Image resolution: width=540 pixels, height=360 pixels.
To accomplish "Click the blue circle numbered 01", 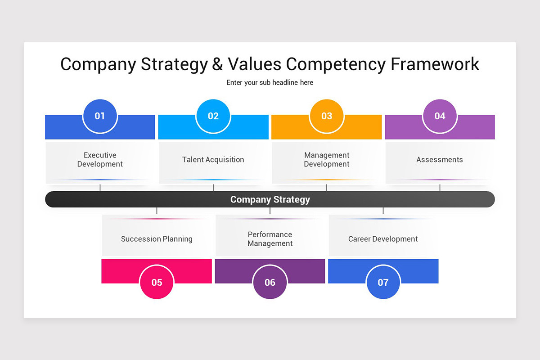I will [100, 116].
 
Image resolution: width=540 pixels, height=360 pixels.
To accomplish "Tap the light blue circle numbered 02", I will [213, 116].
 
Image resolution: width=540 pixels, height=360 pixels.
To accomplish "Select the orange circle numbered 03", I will [327, 116].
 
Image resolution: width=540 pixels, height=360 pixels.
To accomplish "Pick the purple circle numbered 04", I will [440, 116].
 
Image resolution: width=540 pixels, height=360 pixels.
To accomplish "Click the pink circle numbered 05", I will [157, 282].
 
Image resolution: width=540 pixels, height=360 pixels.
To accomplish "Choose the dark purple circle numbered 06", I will [270, 282].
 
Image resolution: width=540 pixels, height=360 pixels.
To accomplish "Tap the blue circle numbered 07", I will [383, 282].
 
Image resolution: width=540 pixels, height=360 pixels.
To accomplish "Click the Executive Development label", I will [100, 160].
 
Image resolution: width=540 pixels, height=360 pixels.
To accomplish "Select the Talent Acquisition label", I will [213, 160].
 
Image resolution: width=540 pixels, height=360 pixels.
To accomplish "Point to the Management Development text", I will [327, 160].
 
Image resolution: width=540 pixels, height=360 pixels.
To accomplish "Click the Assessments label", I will [440, 160].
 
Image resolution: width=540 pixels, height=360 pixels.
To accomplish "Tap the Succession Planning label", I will [157, 239].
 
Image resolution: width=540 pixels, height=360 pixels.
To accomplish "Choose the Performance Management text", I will [270, 239].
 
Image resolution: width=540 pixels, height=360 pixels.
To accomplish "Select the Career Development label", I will [383, 239].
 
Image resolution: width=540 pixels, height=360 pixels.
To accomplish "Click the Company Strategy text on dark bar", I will [270, 199].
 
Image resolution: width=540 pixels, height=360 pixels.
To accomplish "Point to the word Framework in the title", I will [435, 64].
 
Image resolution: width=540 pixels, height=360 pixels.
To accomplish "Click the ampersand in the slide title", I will [217, 64].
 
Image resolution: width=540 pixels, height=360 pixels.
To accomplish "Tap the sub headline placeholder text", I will [270, 83].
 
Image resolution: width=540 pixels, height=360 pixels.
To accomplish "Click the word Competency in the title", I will [336, 64].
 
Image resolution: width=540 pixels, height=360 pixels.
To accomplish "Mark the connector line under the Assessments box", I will [440, 187].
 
